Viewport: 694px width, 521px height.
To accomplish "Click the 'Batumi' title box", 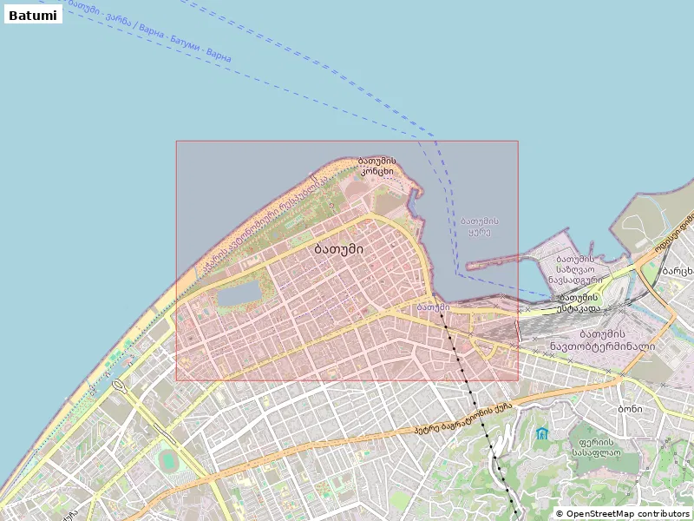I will [33, 15].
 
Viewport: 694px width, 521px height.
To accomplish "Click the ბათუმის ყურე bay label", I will [479, 227].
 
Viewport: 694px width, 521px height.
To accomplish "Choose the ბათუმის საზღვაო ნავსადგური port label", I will [573, 269].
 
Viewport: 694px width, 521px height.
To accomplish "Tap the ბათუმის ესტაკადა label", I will [579, 302].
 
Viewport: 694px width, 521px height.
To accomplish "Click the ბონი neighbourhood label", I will [630, 408].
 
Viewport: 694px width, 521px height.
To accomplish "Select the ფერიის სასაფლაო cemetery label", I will [594, 446].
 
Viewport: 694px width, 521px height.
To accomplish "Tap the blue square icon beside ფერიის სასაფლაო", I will [542, 433].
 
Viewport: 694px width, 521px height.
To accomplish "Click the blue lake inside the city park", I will [239, 293].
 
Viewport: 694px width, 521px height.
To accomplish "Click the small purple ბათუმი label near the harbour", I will [433, 307].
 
